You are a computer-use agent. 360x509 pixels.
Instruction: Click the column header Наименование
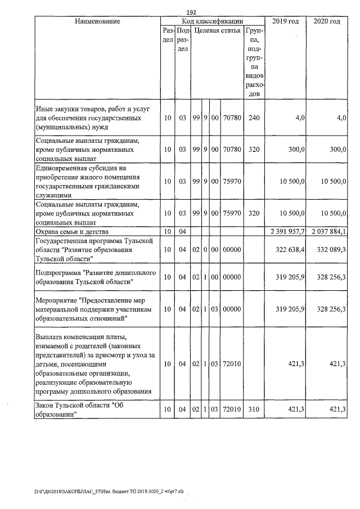97,21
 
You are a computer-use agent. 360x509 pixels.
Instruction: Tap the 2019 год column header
285,21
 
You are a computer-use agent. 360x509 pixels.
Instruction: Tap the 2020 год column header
326,21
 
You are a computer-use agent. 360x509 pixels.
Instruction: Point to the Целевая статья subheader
218,30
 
